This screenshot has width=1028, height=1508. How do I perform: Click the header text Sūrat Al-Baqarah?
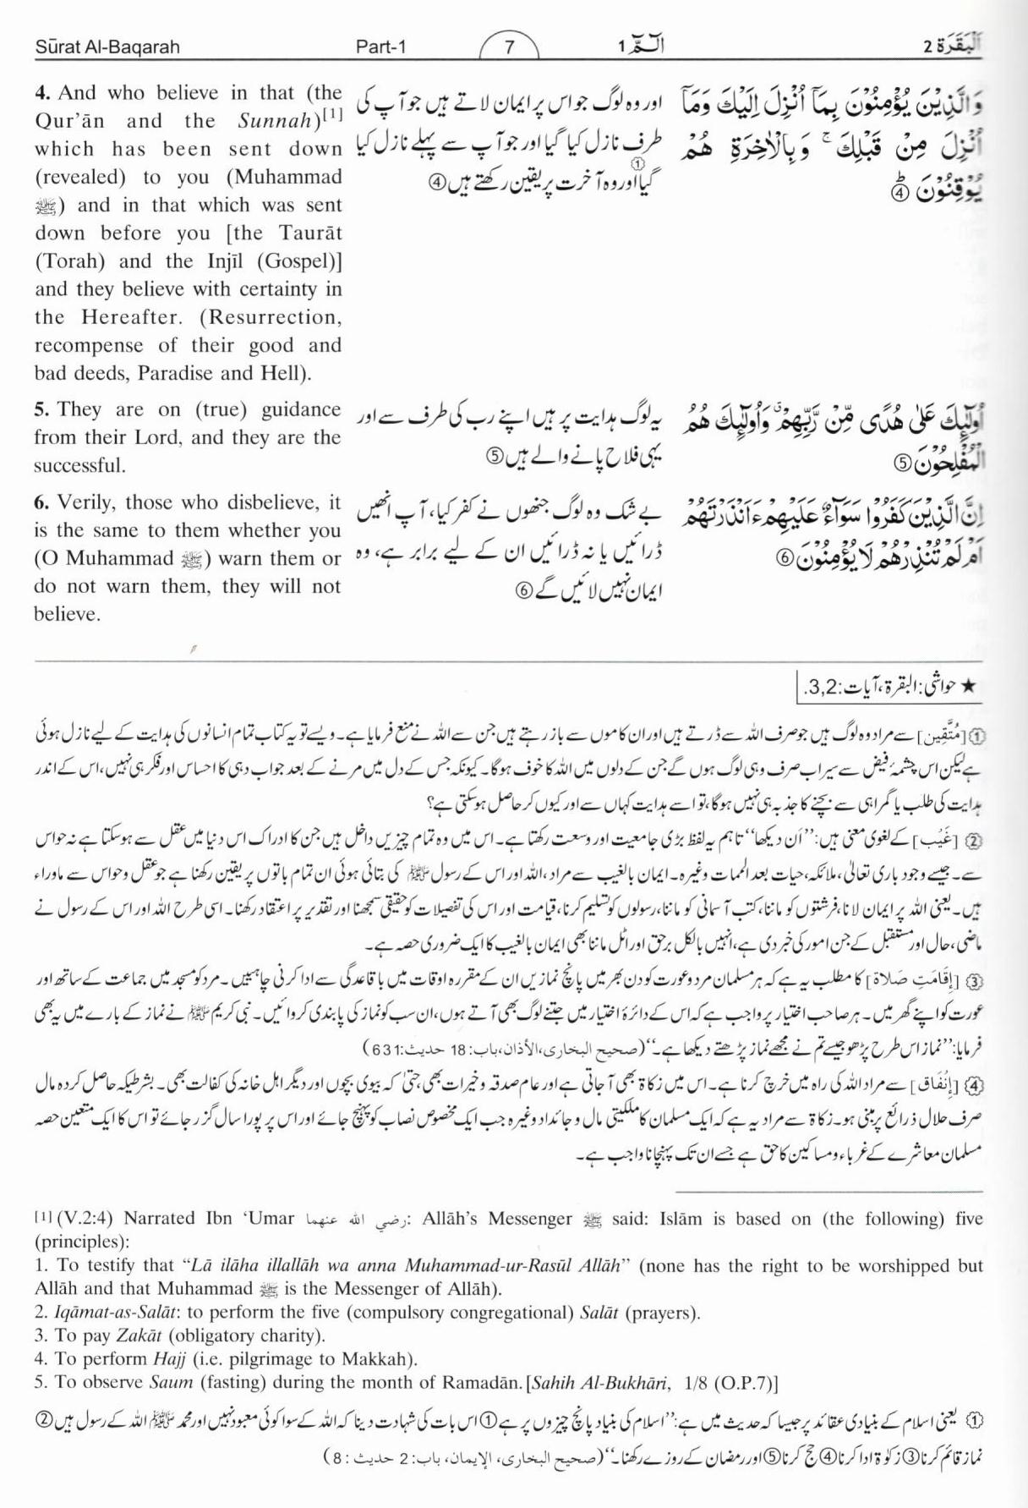(x=107, y=47)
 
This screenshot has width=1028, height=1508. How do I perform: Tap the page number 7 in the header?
(x=509, y=47)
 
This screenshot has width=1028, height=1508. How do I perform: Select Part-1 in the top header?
(x=381, y=47)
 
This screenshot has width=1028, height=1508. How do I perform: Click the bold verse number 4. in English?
(x=42, y=93)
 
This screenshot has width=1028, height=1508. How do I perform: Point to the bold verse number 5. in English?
(x=42, y=410)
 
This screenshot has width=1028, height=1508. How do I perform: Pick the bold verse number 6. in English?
(x=42, y=503)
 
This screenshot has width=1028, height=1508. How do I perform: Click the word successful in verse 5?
(x=79, y=466)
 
